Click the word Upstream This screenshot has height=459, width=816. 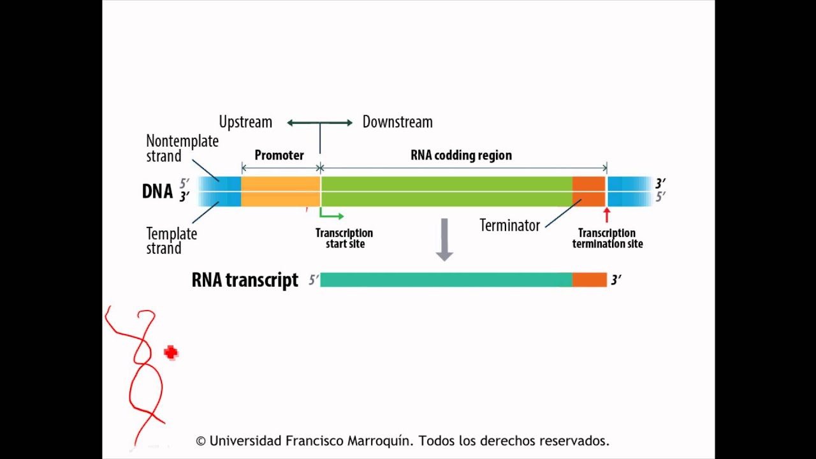245,122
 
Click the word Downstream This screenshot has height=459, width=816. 397,122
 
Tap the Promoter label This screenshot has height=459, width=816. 279,155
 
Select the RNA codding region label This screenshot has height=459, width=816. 461,155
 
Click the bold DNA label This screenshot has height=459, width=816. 157,191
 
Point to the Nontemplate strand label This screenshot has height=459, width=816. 182,148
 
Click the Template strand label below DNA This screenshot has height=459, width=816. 171,241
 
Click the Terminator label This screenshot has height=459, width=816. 509,225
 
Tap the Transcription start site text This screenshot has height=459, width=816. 344,238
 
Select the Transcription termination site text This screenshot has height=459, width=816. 608,238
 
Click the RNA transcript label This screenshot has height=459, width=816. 245,280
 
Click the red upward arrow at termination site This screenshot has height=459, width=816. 606,215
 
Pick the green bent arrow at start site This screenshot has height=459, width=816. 330,214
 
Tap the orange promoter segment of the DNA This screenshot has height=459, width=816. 280,191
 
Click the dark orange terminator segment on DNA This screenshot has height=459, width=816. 588,191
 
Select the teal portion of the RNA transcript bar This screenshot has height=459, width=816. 446,280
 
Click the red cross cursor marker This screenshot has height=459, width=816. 170,353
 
